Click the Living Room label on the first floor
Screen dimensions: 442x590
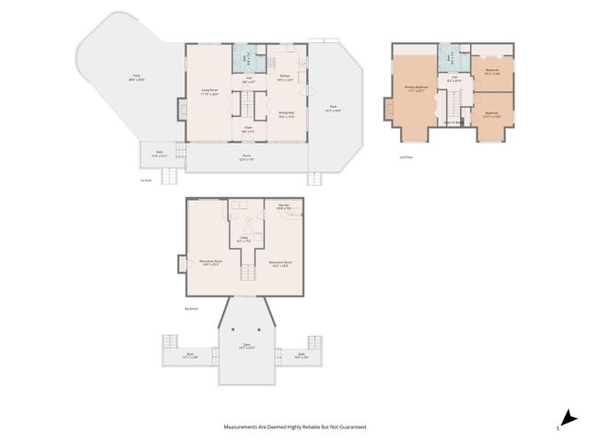coord(209,92)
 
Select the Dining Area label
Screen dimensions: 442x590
coord(287,114)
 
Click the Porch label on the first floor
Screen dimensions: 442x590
coord(246,157)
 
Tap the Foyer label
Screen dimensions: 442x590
coord(248,129)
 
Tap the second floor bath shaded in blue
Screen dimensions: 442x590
coord(447,57)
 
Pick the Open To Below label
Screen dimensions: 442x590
coord(453,122)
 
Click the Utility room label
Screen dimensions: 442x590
coord(245,239)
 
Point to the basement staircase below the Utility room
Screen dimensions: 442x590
coord(247,272)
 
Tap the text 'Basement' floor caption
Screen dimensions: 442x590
coord(192,308)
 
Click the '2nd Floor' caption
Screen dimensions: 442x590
coord(406,157)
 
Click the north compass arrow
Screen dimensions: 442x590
coord(571,417)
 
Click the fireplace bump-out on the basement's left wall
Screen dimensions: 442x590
coord(182,263)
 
